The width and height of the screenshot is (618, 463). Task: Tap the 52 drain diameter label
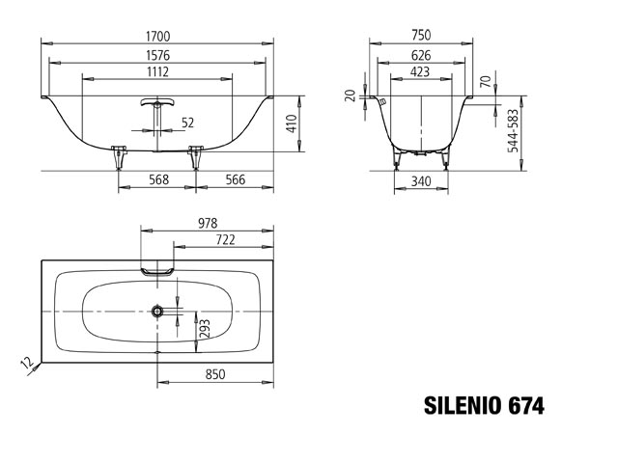(187, 122)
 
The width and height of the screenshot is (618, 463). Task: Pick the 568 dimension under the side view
(159, 178)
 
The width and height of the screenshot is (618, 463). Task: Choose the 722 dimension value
(226, 239)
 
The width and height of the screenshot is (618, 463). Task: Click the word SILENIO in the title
(460, 406)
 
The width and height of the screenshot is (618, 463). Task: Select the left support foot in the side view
(120, 153)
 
